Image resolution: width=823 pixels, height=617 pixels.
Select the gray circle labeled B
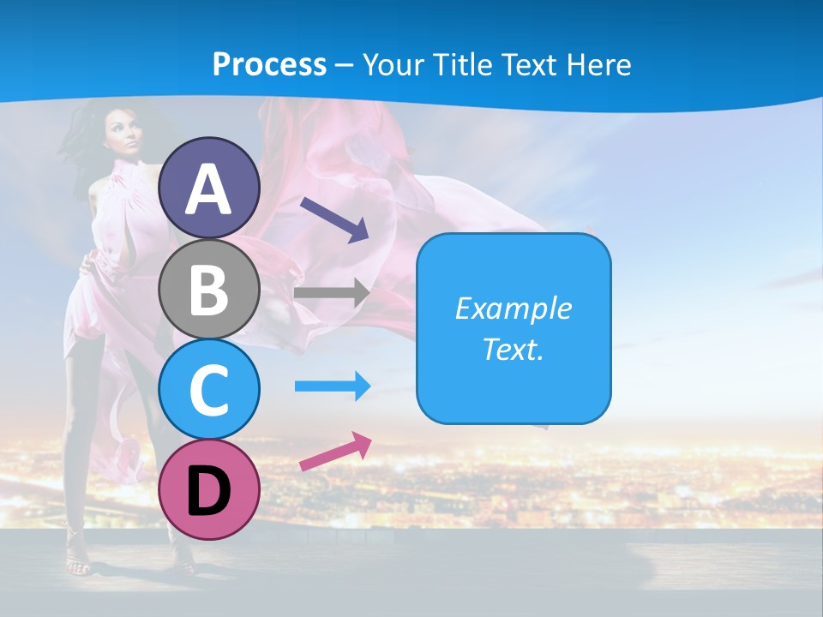point(209,290)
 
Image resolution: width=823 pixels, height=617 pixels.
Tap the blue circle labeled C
point(209,389)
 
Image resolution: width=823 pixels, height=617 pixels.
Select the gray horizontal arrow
point(331,292)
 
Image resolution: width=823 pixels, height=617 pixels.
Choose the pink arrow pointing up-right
point(335,452)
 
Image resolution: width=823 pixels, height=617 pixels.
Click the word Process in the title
point(269,64)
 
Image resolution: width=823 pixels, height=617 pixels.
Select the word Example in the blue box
point(513,308)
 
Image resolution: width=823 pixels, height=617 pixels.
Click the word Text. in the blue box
point(513,349)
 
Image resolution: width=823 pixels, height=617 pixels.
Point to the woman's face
point(122,137)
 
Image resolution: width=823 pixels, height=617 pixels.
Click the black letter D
point(209,490)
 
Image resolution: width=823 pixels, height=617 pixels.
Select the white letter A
point(209,189)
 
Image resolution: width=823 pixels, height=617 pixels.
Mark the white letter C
point(209,389)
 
